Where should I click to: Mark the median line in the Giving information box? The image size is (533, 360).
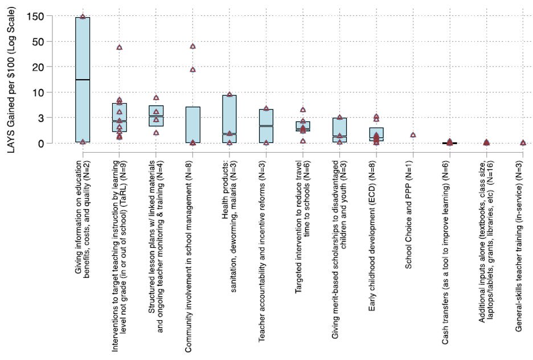click(x=83, y=80)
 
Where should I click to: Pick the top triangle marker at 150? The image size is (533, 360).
click(x=83, y=17)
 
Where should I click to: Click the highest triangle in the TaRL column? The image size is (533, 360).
click(x=119, y=47)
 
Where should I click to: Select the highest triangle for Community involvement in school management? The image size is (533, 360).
click(x=192, y=46)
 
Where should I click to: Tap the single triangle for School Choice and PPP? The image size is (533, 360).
click(x=413, y=135)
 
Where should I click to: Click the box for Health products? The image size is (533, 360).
click(x=229, y=114)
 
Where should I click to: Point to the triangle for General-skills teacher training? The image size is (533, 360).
click(x=523, y=142)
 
